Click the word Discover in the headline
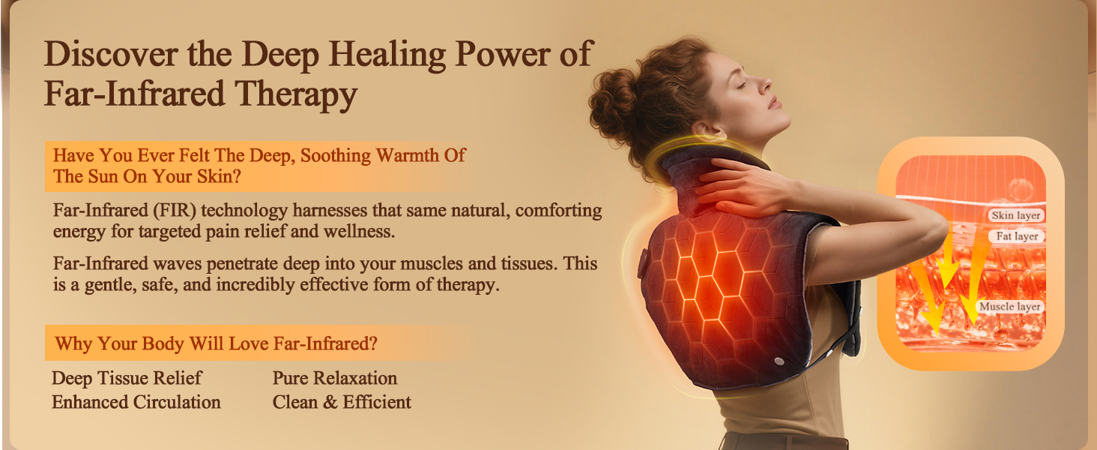point(100,55)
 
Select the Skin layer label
point(1016,216)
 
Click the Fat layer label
point(1017,236)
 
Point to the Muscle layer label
point(1009,307)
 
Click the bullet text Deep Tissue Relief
point(127,378)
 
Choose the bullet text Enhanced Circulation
point(136,403)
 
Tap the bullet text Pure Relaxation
point(335,378)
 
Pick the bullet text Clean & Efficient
point(342,403)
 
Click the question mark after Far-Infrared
point(372,344)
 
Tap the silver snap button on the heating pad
point(779,361)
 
